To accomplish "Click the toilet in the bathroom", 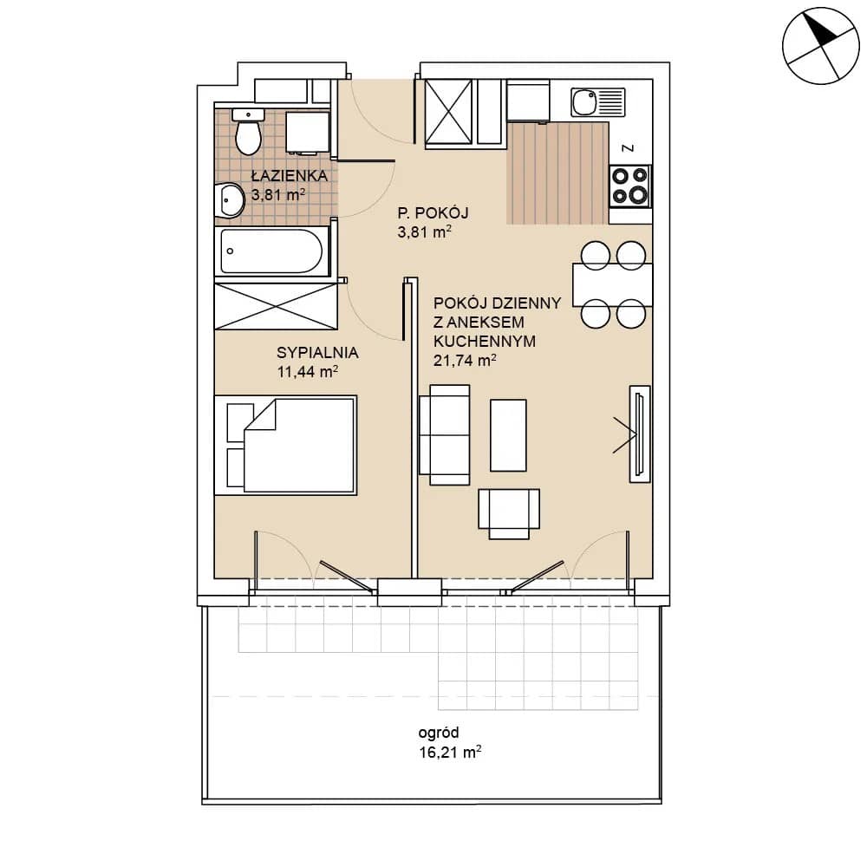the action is tap(248, 132).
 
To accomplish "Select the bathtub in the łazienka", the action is tap(271, 251).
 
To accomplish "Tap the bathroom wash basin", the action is tap(230, 199).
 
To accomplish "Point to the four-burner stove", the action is tap(629, 186).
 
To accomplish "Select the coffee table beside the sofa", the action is tap(508, 435).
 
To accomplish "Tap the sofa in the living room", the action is tap(445, 434).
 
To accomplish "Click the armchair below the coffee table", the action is tap(509, 513).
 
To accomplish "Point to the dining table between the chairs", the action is tap(613, 284).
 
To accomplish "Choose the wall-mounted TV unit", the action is tap(640, 433).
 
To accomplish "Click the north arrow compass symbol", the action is tap(821, 46).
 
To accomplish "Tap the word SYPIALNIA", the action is tap(317, 352).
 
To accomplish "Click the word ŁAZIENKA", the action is tap(290, 176).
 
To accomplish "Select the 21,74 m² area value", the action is tap(465, 361).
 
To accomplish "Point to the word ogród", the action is tap(439, 733).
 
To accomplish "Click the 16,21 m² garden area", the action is tap(449, 752).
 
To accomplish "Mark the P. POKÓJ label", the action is tap(433, 212).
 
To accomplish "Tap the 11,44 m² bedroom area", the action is tap(308, 372).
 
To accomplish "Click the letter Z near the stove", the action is tap(628, 148).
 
